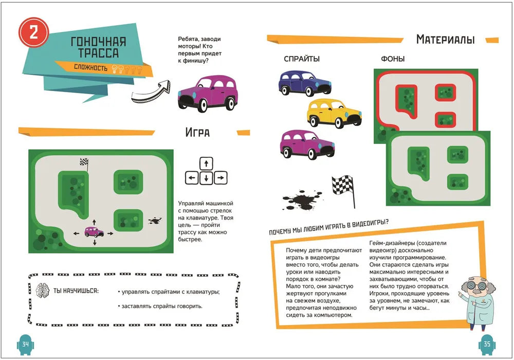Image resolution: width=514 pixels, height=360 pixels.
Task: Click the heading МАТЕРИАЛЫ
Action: point(445,39)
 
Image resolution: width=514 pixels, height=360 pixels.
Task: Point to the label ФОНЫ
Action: point(393,59)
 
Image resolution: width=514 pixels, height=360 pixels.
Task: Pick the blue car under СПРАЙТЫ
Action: point(305,82)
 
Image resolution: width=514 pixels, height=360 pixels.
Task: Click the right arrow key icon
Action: point(220,178)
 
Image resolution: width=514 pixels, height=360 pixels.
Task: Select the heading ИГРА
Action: point(197,133)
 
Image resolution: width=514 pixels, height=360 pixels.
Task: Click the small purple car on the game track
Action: point(94,232)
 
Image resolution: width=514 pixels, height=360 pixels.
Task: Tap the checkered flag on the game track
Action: point(84,164)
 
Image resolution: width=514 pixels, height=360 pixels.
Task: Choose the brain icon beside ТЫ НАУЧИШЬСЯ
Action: point(43,291)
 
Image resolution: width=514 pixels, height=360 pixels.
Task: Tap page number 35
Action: point(486,344)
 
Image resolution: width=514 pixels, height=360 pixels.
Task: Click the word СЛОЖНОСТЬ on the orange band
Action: point(90,67)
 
